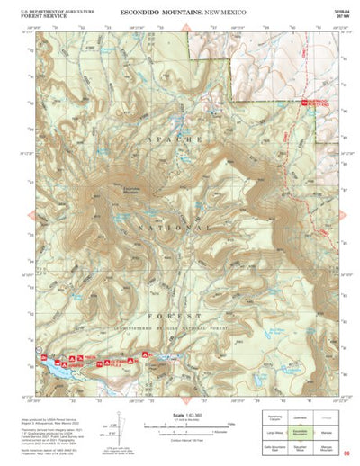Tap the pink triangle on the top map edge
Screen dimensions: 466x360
(x=185, y=29)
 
